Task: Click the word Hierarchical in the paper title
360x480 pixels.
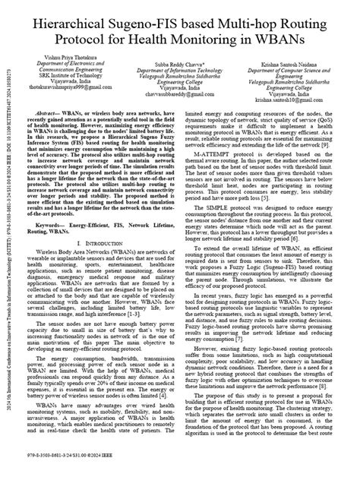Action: [x=83, y=27]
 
